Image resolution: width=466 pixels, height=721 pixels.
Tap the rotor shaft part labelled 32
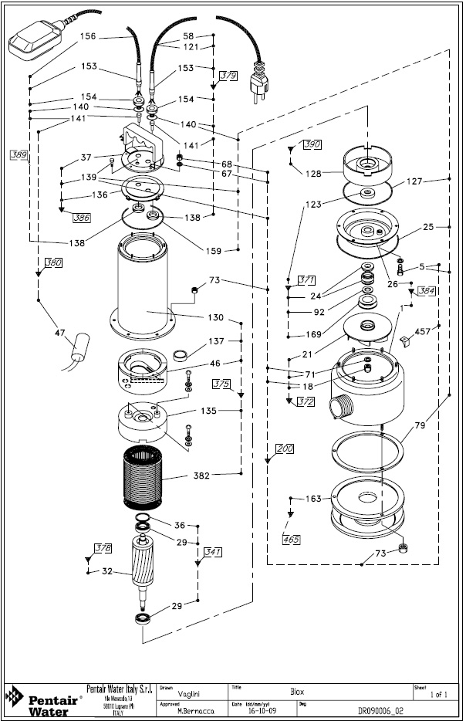coord(146,569)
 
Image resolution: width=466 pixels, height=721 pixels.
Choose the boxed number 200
coord(284,448)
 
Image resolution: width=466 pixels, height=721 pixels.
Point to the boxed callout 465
coord(291,538)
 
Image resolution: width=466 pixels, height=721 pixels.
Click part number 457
coord(422,331)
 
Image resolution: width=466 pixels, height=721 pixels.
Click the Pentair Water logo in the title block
coord(40,701)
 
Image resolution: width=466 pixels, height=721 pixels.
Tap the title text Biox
coord(296,692)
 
